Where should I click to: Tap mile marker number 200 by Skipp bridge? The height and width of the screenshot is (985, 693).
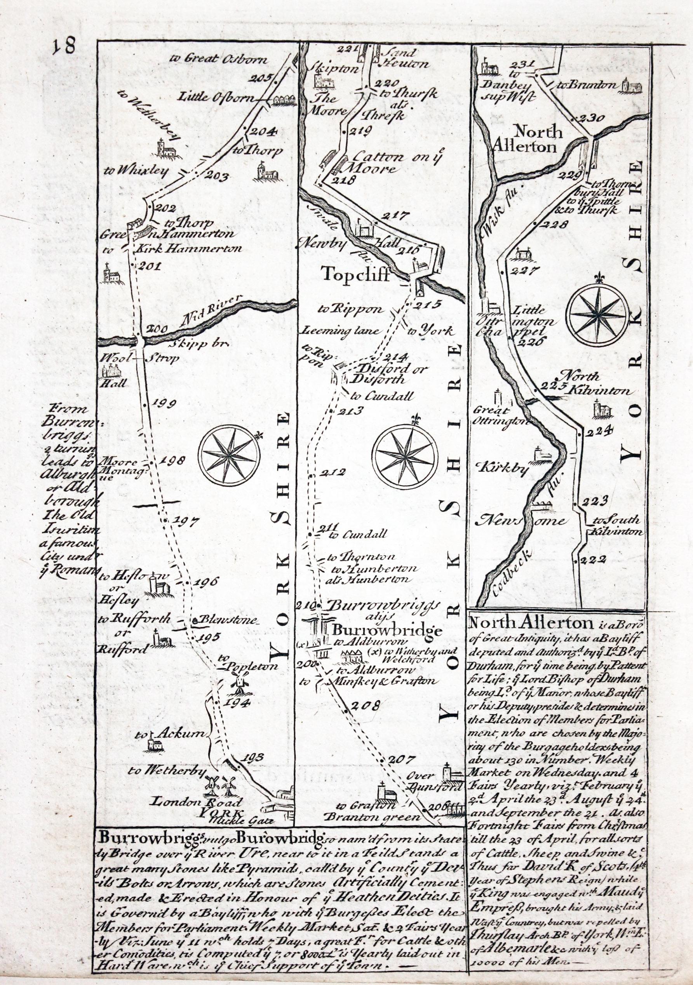click(x=156, y=329)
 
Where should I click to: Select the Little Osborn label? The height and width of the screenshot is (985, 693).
click(x=219, y=98)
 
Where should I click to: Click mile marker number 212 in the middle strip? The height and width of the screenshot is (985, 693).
click(x=335, y=473)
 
